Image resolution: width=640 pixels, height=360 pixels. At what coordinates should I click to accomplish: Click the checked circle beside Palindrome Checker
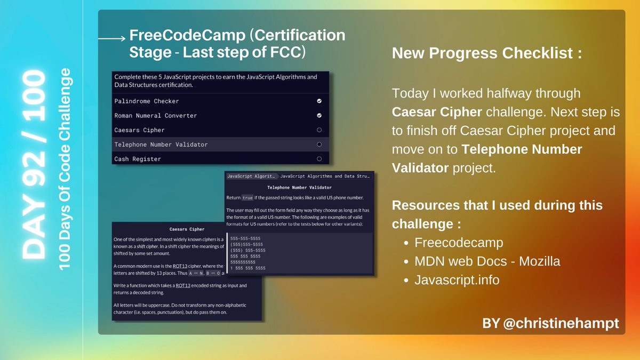click(319, 101)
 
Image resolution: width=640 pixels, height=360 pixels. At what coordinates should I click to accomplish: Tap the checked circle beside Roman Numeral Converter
click(319, 115)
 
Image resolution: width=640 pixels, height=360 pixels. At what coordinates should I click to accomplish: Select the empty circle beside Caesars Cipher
click(319, 130)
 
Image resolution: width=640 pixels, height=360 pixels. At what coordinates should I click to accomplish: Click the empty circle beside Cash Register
click(319, 158)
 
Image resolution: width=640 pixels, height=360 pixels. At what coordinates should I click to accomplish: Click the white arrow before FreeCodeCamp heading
click(111, 38)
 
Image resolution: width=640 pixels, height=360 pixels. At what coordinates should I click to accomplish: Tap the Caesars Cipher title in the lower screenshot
click(187, 229)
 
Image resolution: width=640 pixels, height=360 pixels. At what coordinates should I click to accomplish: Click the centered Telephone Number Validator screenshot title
click(299, 187)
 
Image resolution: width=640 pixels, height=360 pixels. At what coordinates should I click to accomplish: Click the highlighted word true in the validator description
click(247, 197)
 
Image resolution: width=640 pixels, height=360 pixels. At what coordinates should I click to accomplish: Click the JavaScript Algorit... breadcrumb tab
click(251, 175)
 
